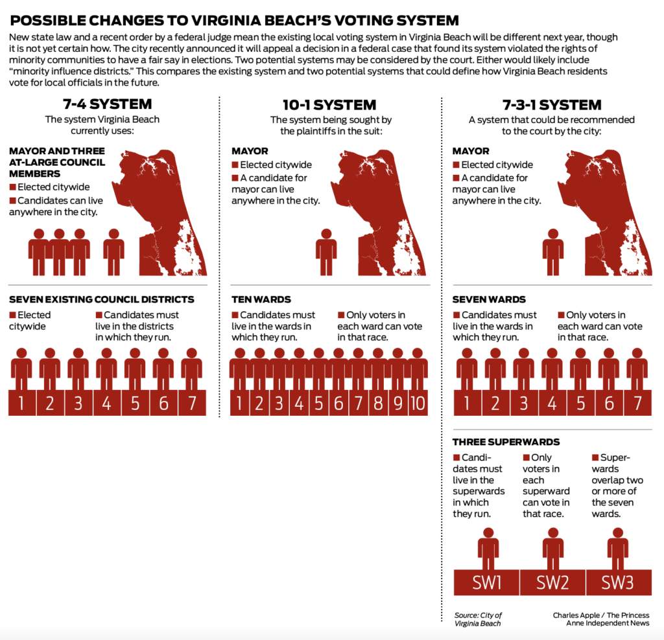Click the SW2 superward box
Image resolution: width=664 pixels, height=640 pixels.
pos(552,582)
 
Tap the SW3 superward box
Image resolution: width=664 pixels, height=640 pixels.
pos(617,582)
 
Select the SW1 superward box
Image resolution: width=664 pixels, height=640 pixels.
pos(486,582)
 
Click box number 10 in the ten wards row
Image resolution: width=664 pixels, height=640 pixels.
pos(418,403)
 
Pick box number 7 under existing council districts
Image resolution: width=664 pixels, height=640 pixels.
pos(191,403)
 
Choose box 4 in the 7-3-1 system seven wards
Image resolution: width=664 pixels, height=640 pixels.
pos(552,403)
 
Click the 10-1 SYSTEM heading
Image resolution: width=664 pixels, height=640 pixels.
pos(331,104)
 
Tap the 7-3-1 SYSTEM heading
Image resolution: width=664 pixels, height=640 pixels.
pos(552,104)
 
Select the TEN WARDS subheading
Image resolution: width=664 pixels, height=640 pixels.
pos(261,299)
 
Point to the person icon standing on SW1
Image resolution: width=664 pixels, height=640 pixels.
pos(488,549)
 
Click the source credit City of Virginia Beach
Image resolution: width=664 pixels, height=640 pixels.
pos(478,619)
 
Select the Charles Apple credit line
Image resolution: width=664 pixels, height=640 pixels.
pos(601,619)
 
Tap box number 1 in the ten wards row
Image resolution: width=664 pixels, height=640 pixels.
pos(239,403)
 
